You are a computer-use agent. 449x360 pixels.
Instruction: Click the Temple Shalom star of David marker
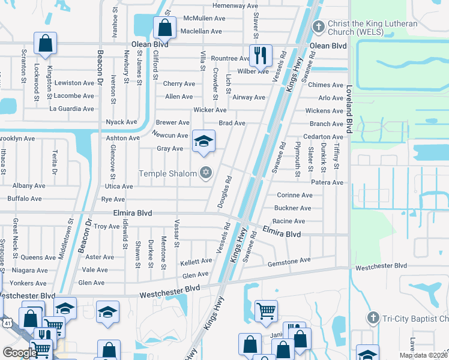click(x=206, y=173)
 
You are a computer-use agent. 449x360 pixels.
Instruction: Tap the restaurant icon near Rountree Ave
click(x=261, y=55)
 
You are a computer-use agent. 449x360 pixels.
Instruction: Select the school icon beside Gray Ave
click(x=203, y=141)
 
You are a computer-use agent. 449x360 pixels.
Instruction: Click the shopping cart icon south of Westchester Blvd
click(x=266, y=310)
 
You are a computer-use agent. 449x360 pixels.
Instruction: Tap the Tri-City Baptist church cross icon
click(x=372, y=317)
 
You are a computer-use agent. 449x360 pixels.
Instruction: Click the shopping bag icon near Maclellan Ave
click(x=164, y=26)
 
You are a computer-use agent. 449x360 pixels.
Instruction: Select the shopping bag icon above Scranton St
click(x=45, y=42)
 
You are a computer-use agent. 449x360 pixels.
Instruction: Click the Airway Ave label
click(x=249, y=97)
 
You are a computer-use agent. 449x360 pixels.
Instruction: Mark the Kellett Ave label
click(x=196, y=262)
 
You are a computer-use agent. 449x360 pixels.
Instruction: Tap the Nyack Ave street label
click(x=121, y=122)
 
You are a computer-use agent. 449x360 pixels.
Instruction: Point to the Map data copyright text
click(x=423, y=355)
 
